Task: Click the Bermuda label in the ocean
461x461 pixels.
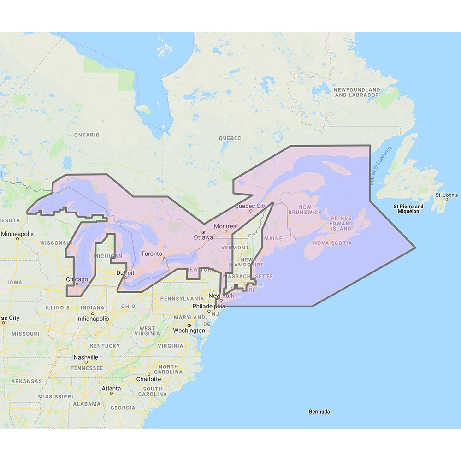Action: pyautogui.click(x=319, y=411)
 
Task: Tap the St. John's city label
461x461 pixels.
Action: pyautogui.click(x=447, y=195)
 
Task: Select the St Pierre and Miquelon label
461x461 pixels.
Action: pyautogui.click(x=408, y=209)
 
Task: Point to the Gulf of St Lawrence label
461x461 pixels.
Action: pyautogui.click(x=380, y=166)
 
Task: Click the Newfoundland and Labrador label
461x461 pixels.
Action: pyautogui.click(x=357, y=92)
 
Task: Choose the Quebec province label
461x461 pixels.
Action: pyautogui.click(x=230, y=138)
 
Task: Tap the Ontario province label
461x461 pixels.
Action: pyautogui.click(x=87, y=135)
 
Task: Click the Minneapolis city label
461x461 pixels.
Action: pyautogui.click(x=17, y=234)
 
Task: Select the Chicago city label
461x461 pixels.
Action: pyautogui.click(x=77, y=279)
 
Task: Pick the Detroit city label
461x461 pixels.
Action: pyautogui.click(x=125, y=273)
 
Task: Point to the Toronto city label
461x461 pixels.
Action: pyautogui.click(x=152, y=254)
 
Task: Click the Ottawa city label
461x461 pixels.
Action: pyautogui.click(x=203, y=237)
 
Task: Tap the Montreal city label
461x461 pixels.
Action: pyautogui.click(x=226, y=226)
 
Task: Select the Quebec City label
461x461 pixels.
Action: pyautogui.click(x=251, y=206)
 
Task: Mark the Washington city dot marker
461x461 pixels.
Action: pyautogui.click(x=189, y=325)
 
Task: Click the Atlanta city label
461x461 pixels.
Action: pyautogui.click(x=112, y=389)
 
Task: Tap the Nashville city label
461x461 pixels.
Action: pyautogui.click(x=86, y=357)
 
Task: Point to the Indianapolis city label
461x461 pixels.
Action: pyautogui.click(x=93, y=319)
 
